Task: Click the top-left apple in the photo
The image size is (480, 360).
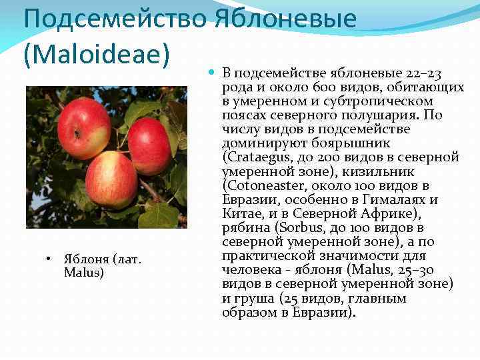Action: point(83,128)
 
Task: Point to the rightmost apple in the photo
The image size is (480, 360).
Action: point(149,145)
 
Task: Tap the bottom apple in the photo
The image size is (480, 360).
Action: point(111,179)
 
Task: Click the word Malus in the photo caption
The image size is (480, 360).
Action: point(84,272)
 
